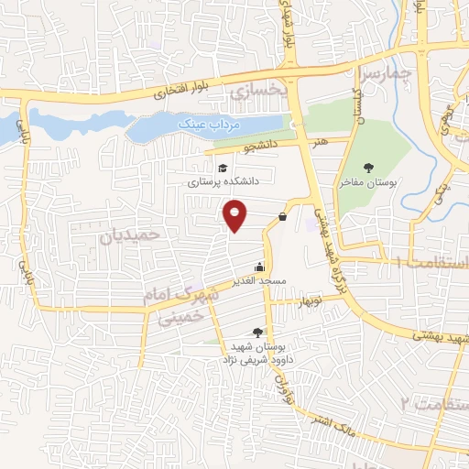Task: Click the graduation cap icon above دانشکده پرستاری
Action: click(223, 168)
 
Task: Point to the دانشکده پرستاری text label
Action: click(224, 181)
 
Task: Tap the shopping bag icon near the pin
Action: click(281, 216)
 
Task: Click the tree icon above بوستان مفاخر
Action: click(367, 167)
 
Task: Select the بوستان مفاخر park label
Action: click(368, 182)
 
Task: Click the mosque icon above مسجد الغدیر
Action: click(261, 267)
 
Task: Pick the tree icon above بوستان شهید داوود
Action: click(257, 333)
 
